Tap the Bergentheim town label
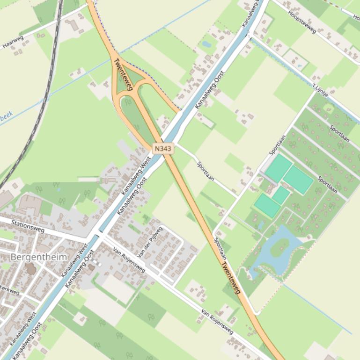coord(39,257)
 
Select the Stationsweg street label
coord(28,227)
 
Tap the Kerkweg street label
coord(9,290)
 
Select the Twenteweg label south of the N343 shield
coord(230,277)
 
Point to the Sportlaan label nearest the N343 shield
coord(206,172)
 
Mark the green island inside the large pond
coord(279,247)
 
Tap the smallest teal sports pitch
coord(281,195)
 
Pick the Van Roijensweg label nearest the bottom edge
coord(217,321)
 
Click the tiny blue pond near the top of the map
coord(206,44)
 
